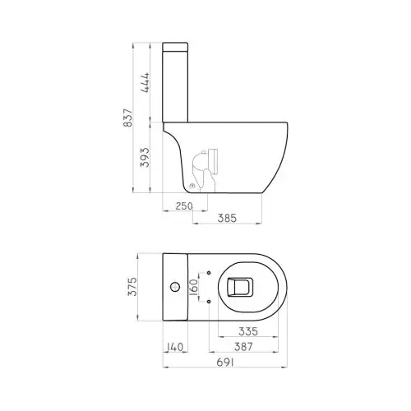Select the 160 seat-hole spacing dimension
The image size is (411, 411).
(194, 287)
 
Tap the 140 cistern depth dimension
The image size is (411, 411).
(173, 346)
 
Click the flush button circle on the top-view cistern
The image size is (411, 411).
(174, 287)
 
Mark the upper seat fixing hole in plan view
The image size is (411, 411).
(210, 273)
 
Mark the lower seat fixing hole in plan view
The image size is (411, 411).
(210, 301)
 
